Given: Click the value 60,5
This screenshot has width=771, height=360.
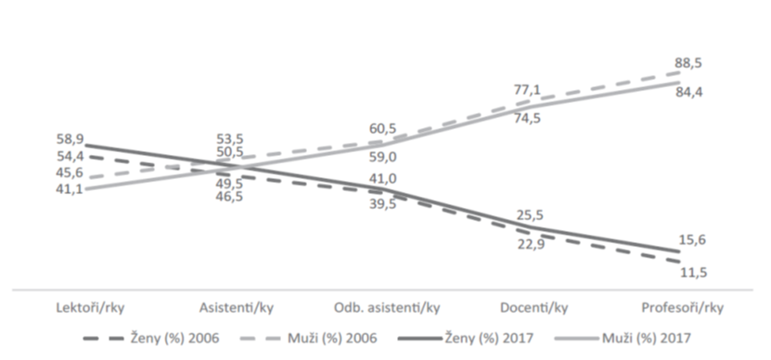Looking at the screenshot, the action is pyautogui.click(x=382, y=129).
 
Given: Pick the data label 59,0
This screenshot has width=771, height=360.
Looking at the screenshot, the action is pyautogui.click(x=383, y=158).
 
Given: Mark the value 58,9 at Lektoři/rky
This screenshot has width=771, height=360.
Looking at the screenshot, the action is pyautogui.click(x=70, y=138).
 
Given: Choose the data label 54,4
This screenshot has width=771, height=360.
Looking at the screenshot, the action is pyautogui.click(x=70, y=157).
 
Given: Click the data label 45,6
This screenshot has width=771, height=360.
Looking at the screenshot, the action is pyautogui.click(x=70, y=174).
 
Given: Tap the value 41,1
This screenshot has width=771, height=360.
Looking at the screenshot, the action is pyautogui.click(x=70, y=189).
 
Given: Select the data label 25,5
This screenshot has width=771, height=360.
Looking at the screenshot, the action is pyautogui.click(x=530, y=215).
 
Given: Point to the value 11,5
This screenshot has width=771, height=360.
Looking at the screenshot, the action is pyautogui.click(x=694, y=273).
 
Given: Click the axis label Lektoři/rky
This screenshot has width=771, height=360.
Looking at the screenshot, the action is pyautogui.click(x=91, y=308).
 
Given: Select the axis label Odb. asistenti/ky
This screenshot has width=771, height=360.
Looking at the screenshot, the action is pyautogui.click(x=387, y=308).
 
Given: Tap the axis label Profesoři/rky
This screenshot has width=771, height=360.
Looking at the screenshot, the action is pyautogui.click(x=683, y=308).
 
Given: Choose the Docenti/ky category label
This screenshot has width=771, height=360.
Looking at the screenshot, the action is pyautogui.click(x=534, y=308).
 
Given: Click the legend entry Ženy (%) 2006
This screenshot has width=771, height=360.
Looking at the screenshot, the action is pyautogui.click(x=151, y=339).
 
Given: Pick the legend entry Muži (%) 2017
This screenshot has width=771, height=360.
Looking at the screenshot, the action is pyautogui.click(x=622, y=339).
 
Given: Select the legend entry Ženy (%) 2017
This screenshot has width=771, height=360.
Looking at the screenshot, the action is pyautogui.click(x=465, y=339).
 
